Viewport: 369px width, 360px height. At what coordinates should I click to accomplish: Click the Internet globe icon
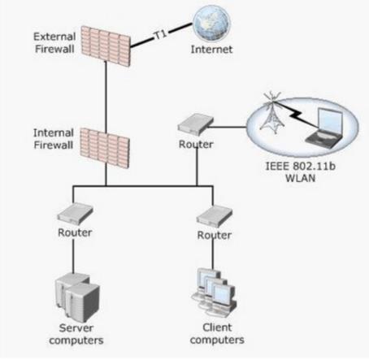point(211,24)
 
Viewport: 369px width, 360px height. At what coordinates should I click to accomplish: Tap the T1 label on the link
point(160,35)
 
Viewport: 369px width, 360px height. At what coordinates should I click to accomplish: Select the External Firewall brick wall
point(106,46)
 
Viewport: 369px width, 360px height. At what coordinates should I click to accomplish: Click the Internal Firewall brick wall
point(105,148)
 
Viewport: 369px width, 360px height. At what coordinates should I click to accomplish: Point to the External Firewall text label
point(54,43)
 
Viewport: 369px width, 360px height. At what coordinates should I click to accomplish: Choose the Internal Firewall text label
point(54,139)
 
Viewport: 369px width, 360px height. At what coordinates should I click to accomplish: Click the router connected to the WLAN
point(196,124)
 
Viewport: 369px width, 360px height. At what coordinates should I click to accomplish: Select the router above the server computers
point(75,214)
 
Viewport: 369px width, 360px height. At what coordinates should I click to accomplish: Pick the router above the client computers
point(215,216)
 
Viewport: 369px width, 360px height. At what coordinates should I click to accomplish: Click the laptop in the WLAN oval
point(324,128)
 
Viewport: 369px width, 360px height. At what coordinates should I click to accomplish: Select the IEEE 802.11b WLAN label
point(301,172)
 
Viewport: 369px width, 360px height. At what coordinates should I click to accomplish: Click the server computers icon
point(77,297)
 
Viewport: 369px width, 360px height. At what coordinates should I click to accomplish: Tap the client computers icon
point(214,292)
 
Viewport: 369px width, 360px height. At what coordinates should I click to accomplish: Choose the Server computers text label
point(76,334)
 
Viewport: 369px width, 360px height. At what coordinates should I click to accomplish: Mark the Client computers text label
point(217,333)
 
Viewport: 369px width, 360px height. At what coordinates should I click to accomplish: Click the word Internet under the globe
point(211,50)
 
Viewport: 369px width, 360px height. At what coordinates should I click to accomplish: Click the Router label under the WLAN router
point(196,144)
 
